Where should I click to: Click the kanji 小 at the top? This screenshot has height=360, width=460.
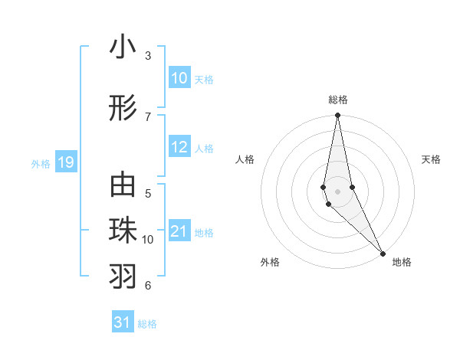[x=123, y=48]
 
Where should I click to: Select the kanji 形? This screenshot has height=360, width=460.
[x=123, y=109]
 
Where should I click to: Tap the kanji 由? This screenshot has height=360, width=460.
[x=123, y=187]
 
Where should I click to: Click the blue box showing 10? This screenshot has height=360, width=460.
[x=179, y=78]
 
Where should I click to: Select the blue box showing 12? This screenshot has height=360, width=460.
[x=179, y=148]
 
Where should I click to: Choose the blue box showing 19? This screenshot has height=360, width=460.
[x=65, y=162]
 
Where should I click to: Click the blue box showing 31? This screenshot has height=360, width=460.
[x=123, y=322]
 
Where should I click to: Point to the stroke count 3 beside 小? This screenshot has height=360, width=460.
[x=148, y=56]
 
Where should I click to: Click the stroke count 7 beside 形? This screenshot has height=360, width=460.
[x=148, y=116]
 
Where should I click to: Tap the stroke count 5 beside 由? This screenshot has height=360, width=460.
[x=148, y=194]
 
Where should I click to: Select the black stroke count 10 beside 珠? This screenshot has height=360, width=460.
[x=148, y=240]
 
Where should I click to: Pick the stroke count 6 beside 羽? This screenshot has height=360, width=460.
[x=148, y=286]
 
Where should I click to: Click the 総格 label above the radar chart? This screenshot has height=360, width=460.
[x=338, y=100]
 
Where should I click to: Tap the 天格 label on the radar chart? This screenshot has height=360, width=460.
[x=431, y=159]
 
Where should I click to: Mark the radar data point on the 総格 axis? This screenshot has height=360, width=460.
[x=337, y=116]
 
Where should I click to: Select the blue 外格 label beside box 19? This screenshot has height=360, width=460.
[x=40, y=163]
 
